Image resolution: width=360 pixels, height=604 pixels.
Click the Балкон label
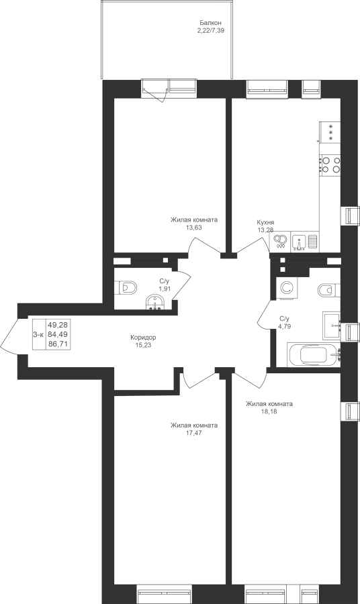pos(210,23)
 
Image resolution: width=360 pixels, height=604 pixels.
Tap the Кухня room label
pos(265,222)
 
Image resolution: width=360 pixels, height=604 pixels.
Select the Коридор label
pos(143,338)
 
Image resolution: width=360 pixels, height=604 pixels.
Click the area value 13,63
pos(194,228)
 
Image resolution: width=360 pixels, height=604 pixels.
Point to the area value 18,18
pos(269,411)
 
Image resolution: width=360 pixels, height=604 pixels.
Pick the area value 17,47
pos(194,433)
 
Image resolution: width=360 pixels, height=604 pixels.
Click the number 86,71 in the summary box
pos(58,344)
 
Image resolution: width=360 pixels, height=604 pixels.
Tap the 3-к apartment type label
pos(38,335)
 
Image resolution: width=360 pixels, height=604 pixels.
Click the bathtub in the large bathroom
pos(314,355)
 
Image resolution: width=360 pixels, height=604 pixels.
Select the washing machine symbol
pos(286,288)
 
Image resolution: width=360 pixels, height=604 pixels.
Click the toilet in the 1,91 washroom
pos(126,287)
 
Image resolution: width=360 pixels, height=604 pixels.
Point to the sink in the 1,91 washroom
pos(155,301)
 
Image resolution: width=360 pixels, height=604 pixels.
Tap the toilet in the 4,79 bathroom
pos(329,290)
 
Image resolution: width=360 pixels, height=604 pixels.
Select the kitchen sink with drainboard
pos(305,242)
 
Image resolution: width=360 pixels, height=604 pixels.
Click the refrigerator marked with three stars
pos(330,133)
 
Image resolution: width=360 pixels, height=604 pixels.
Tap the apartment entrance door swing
pos(10,334)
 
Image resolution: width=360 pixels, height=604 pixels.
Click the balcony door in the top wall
pos(155,90)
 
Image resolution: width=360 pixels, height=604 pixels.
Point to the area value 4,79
pos(285,326)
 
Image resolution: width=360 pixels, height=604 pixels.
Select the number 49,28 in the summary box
pos(58,325)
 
